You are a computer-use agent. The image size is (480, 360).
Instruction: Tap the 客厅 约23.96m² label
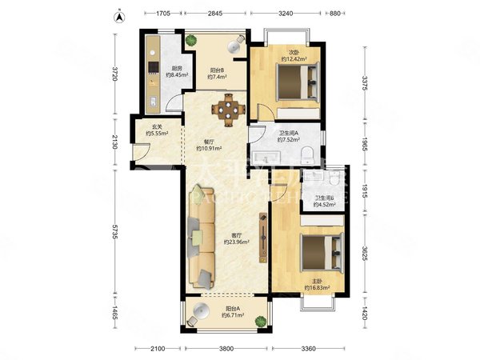point(237,238)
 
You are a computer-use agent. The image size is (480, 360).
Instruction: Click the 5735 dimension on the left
point(115,232)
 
